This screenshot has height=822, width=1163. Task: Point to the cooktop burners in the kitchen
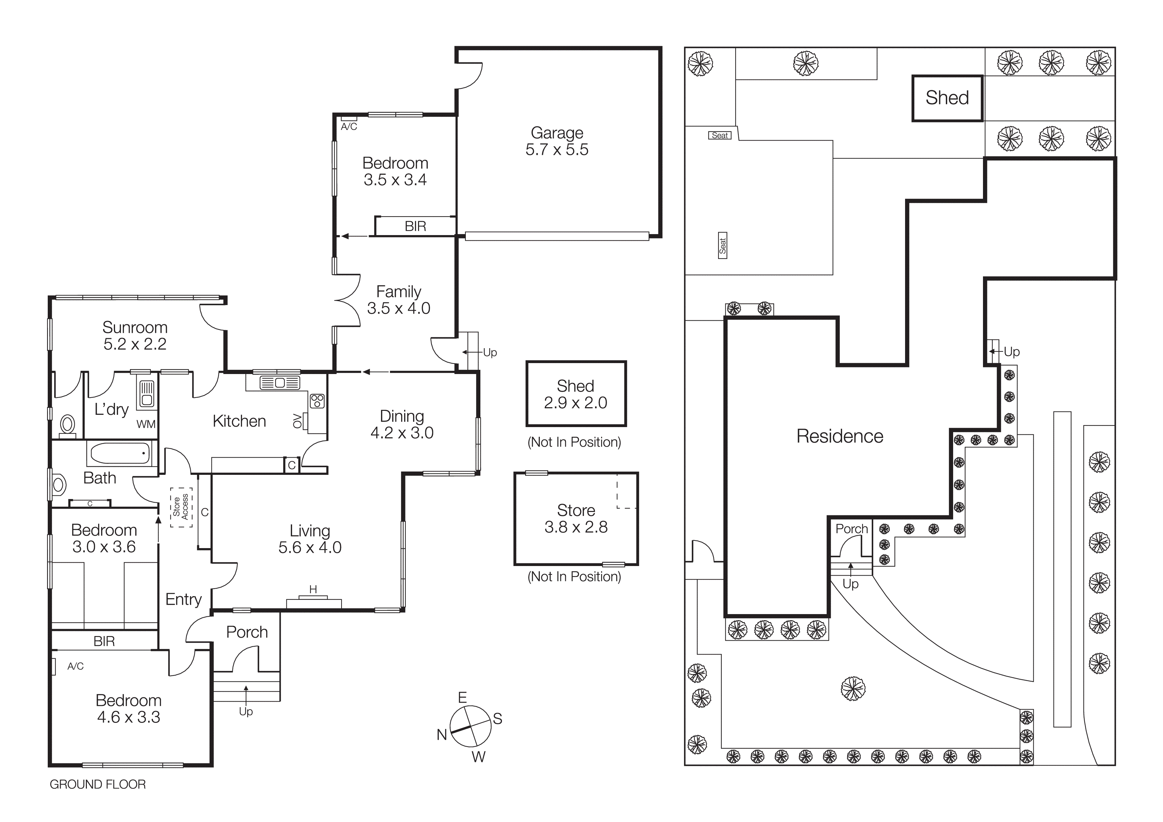(317, 401)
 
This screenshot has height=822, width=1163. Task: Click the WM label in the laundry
(146, 424)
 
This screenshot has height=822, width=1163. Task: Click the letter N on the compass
(442, 734)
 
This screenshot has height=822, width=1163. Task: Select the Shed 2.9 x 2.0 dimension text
(576, 403)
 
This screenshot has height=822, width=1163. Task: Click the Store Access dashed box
(181, 507)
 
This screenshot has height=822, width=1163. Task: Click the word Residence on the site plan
(839, 436)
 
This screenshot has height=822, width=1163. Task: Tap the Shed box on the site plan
(947, 98)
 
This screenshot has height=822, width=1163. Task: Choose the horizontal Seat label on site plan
(719, 135)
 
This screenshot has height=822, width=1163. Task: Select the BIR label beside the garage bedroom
(415, 226)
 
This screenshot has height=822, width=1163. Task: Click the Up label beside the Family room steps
(490, 352)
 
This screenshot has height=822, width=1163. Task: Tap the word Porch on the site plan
(851, 529)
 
